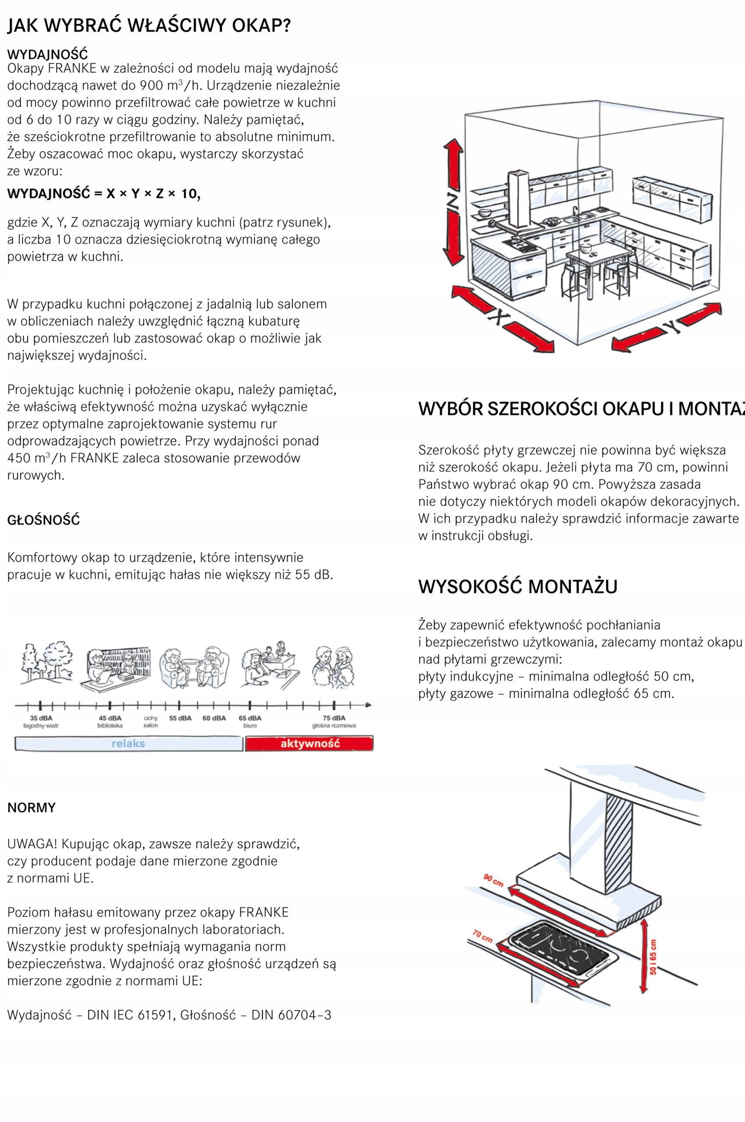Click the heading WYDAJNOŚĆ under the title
pyautogui.click(x=47, y=54)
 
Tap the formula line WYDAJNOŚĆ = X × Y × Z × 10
pyautogui.click(x=103, y=194)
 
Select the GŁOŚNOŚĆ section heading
pyautogui.click(x=43, y=520)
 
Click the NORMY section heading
pyautogui.click(x=32, y=808)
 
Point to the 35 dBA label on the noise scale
pyautogui.click(x=41, y=718)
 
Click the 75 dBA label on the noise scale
pyautogui.click(x=334, y=718)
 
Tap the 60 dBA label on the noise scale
pyautogui.click(x=214, y=718)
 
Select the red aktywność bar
pyautogui.click(x=309, y=744)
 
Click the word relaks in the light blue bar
pyautogui.click(x=128, y=744)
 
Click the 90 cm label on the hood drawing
pyautogui.click(x=493, y=880)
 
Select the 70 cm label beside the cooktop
pyautogui.click(x=482, y=936)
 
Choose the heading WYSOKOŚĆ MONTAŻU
pyautogui.click(x=518, y=586)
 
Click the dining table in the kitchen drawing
pyautogui.click(x=600, y=257)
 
